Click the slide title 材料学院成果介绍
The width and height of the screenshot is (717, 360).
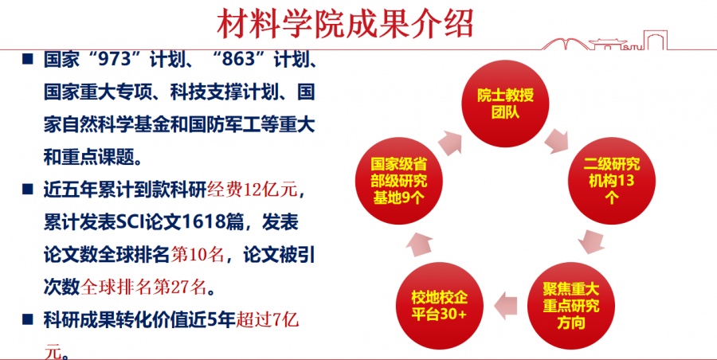click(345, 23)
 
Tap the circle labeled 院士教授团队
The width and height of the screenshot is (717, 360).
click(505, 102)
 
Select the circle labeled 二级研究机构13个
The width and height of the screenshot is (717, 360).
click(613, 181)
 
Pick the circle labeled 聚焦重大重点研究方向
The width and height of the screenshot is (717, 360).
click(571, 306)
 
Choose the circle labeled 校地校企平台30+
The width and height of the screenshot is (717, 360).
click(440, 306)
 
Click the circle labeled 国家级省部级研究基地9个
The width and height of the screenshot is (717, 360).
click(399, 181)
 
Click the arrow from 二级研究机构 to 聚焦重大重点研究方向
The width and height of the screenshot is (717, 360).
click(592, 242)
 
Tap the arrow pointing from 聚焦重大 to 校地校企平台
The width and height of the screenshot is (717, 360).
click(505, 305)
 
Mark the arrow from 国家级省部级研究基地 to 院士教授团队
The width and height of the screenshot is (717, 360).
click(450, 143)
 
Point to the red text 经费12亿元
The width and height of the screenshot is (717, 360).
click(253, 190)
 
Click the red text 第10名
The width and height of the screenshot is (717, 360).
click(198, 255)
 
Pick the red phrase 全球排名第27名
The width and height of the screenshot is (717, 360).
click(143, 288)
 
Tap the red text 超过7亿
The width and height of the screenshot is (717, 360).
click(267, 320)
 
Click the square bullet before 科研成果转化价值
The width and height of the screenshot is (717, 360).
click(28, 319)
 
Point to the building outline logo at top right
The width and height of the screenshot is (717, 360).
click(604, 40)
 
